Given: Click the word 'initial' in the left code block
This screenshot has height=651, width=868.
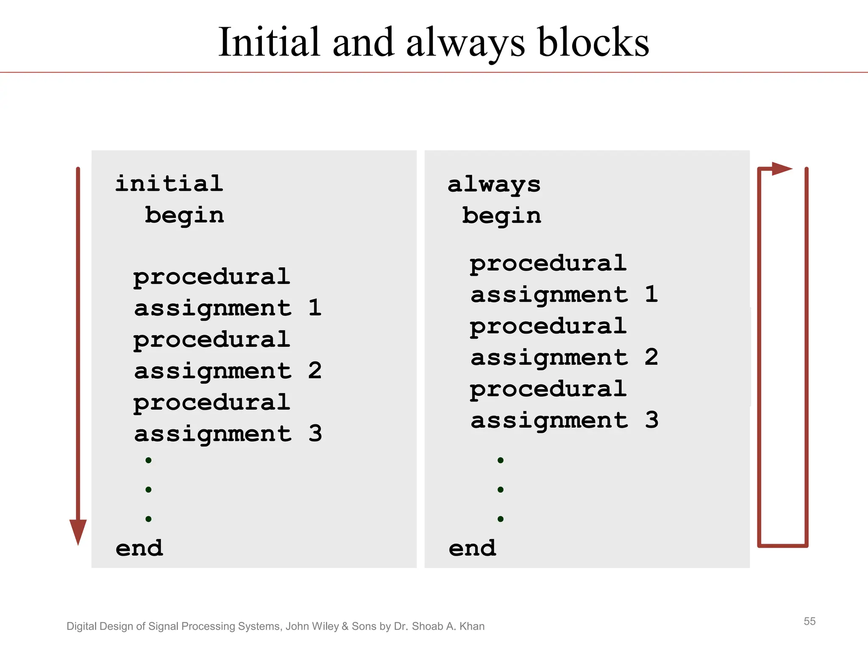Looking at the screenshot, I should tap(169, 184).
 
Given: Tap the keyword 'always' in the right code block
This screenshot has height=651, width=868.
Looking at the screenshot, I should tap(494, 185).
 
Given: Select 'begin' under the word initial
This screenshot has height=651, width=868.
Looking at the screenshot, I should tap(184, 216).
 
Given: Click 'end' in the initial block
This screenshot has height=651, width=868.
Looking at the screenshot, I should tap(139, 548).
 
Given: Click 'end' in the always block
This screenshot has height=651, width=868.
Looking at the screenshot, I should tap(472, 548).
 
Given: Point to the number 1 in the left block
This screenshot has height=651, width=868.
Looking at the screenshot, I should tap(315, 308).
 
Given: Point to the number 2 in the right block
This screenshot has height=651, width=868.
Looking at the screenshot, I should tap(651, 357).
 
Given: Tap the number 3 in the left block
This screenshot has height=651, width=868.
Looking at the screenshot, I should tap(315, 434).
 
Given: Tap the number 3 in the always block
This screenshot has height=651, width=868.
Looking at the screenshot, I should tap(651, 420).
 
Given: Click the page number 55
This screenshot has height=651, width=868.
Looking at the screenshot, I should tap(810, 621).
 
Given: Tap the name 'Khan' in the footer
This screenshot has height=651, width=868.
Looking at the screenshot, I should tap(472, 626).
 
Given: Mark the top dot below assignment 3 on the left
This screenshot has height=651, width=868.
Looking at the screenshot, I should tap(148, 460).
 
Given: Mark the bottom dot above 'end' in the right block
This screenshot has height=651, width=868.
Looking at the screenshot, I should tap(501, 519).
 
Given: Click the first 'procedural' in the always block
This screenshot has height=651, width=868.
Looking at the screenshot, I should tap(548, 264).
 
